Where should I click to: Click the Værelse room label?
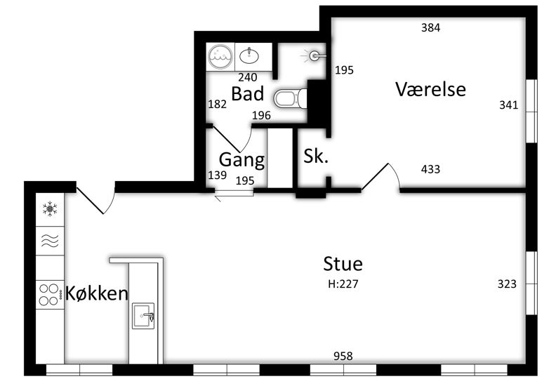tap(430, 89)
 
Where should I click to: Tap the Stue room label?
tap(343, 264)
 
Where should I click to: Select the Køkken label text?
tap(97, 293)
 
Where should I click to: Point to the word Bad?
tap(248, 93)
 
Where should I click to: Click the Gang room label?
tap(242, 160)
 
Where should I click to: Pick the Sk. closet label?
tap(316, 156)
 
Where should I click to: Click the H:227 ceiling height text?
tap(343, 284)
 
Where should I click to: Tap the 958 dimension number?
tap(343, 357)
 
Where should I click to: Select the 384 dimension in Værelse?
tap(430, 27)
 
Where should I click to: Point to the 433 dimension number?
tap(430, 169)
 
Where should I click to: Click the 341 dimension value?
tap(508, 105)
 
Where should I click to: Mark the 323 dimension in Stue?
tap(507, 284)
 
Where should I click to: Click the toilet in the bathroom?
tap(290, 99)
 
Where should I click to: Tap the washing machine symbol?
tap(220, 57)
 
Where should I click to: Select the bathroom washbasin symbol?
tap(249, 55)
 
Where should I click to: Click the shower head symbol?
tap(314, 55)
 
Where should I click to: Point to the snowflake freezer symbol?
tap(50, 208)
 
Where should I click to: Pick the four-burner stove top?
tap(49, 295)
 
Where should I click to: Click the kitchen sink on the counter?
tap(143, 316)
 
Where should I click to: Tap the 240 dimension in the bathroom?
tap(248, 77)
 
